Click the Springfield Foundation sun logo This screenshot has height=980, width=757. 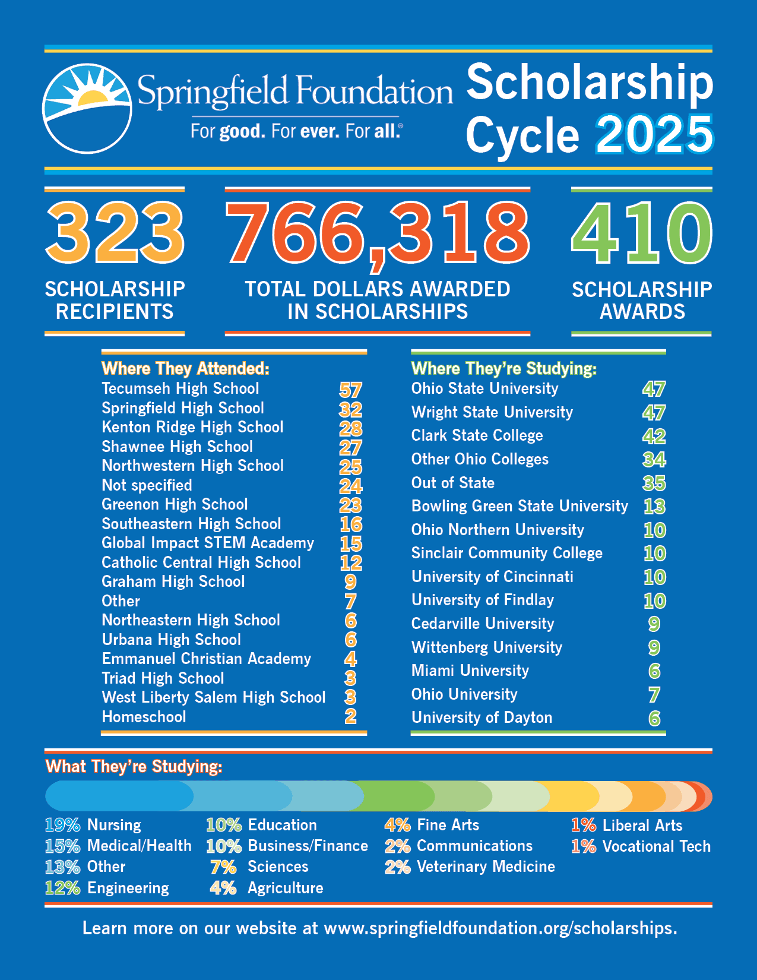coord(87,108)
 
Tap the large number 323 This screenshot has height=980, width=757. coord(115,232)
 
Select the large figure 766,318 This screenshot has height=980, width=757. coord(377,232)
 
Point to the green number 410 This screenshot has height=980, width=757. coord(641,232)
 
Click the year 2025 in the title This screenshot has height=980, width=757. coord(654,135)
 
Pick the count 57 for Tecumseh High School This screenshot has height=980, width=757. coord(350,390)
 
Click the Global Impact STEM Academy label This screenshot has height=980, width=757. coord(208,543)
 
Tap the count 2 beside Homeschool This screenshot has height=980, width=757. coord(350,717)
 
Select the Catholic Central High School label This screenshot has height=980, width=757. coord(201,562)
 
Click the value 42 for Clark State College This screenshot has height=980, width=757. coord(654,436)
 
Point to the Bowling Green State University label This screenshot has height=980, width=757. coord(520,506)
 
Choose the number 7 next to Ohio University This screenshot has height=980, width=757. coord(654,694)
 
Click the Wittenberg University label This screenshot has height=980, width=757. coord(487,647)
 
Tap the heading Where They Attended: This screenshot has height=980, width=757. coord(185,369)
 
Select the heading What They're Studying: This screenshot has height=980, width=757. coord(134,767)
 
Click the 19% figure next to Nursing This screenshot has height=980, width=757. coord(62,825)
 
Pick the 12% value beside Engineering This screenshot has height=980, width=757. coord(62,888)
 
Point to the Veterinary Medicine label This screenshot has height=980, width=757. coord(486,867)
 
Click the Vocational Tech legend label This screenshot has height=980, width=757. coord(656,846)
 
